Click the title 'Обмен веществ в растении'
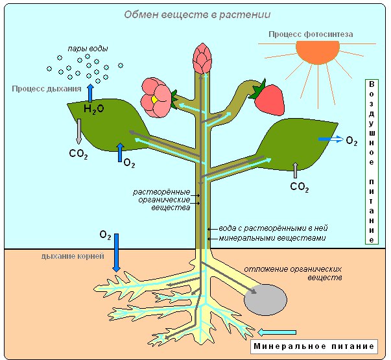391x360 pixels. point(188,14)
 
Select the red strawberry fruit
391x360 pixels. point(268,98)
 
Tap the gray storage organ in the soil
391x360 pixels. point(265,300)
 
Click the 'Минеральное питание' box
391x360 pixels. point(314,346)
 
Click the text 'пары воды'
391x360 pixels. point(87,49)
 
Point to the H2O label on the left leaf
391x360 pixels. point(93,110)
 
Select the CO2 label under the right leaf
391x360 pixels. point(299,187)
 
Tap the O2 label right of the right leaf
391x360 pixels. point(351,141)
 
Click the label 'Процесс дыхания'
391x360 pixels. point(46,88)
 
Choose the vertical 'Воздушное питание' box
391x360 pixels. point(371,162)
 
